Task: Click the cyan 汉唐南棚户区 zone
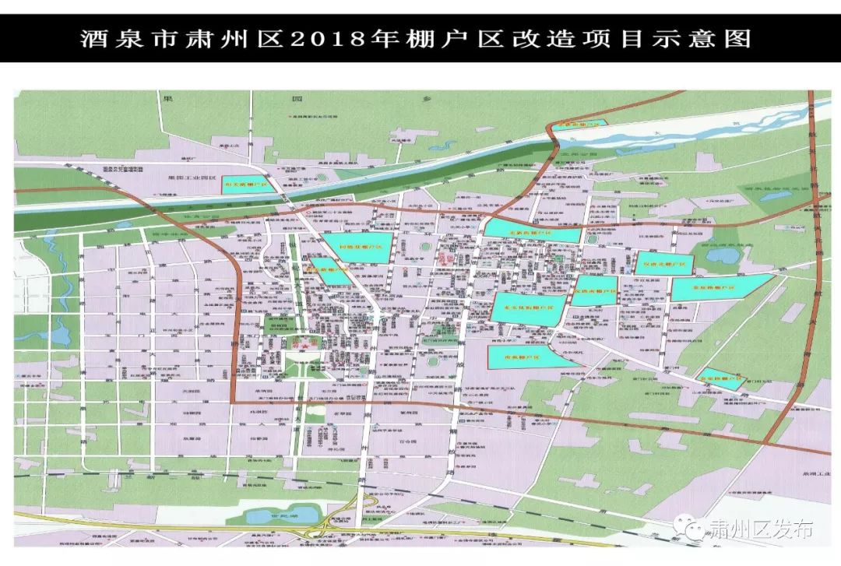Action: (596, 289)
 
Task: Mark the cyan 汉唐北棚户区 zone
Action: (662, 264)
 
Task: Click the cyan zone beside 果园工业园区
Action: (245, 185)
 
